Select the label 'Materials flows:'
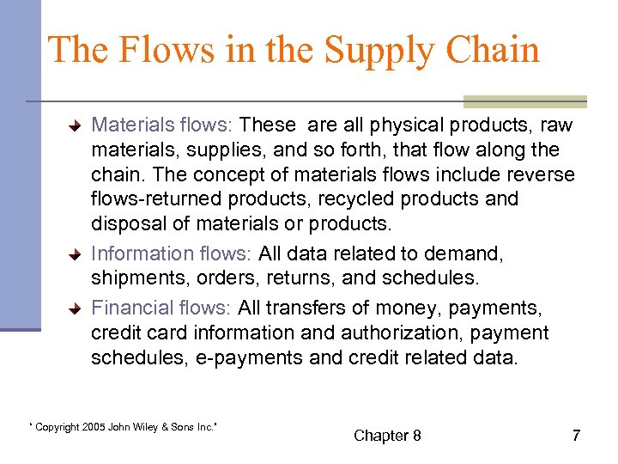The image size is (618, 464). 161,125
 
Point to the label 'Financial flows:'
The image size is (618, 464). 161,308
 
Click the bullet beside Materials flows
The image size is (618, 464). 76,126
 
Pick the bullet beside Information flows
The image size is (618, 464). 76,255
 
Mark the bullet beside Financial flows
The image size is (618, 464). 76,309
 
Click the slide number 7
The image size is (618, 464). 576,436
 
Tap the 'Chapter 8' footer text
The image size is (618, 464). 387,436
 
